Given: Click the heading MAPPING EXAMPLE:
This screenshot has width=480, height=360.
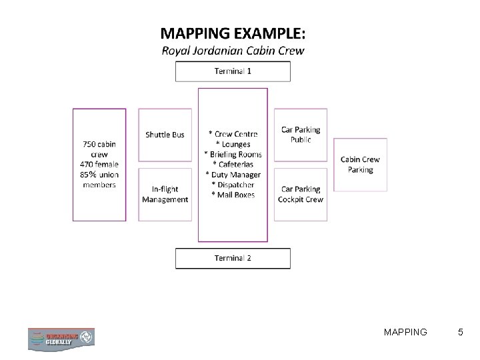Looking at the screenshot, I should pyautogui.click(x=233, y=33).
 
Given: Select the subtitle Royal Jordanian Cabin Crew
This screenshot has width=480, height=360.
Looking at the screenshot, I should pyautogui.click(x=233, y=51).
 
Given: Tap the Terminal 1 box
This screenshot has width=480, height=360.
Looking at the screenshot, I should pyautogui.click(x=233, y=71).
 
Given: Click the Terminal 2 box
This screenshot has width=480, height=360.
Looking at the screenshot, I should pyautogui.click(x=233, y=258).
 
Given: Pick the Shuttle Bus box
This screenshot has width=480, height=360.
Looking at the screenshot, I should pyautogui.click(x=165, y=135).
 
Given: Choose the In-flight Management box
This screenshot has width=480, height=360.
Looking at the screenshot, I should pyautogui.click(x=165, y=194).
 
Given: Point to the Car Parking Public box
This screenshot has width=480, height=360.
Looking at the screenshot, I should pyautogui.click(x=301, y=135).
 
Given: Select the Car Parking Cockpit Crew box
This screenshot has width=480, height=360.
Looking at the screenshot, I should pyautogui.click(x=301, y=194).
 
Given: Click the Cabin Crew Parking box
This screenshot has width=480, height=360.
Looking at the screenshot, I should pyautogui.click(x=360, y=164).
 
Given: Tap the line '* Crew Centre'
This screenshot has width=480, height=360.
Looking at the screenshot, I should pyautogui.click(x=233, y=135).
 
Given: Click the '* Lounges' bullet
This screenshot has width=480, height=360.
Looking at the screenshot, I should pyautogui.click(x=233, y=145).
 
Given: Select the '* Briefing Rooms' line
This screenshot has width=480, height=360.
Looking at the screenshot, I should pyautogui.click(x=233, y=155).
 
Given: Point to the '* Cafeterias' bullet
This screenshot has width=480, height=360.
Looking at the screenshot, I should pyautogui.click(x=233, y=165).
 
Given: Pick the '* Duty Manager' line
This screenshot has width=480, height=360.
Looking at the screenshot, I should pyautogui.click(x=233, y=175).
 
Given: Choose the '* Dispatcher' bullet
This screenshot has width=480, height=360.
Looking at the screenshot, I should pyautogui.click(x=233, y=185).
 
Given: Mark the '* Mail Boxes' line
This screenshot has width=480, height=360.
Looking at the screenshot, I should pyautogui.click(x=233, y=195).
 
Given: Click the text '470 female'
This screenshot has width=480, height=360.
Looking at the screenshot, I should pyautogui.click(x=99, y=164).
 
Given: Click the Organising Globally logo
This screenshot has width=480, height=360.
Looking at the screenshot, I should pyautogui.click(x=61, y=339).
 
